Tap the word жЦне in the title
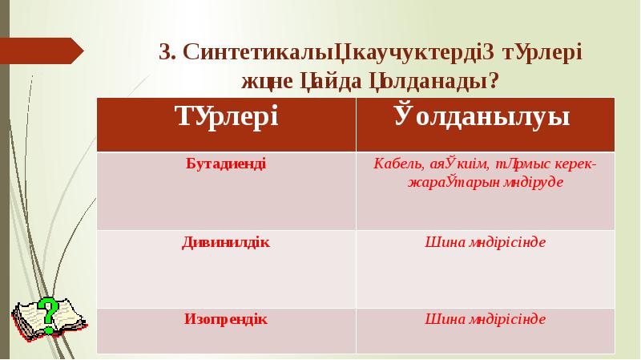point(269,80)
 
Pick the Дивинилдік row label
point(226,242)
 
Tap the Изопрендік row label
point(226,318)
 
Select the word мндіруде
point(530,182)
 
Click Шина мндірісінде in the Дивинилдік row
point(485,242)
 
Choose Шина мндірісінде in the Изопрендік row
point(485,318)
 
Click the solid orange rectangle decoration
point(42,51)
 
